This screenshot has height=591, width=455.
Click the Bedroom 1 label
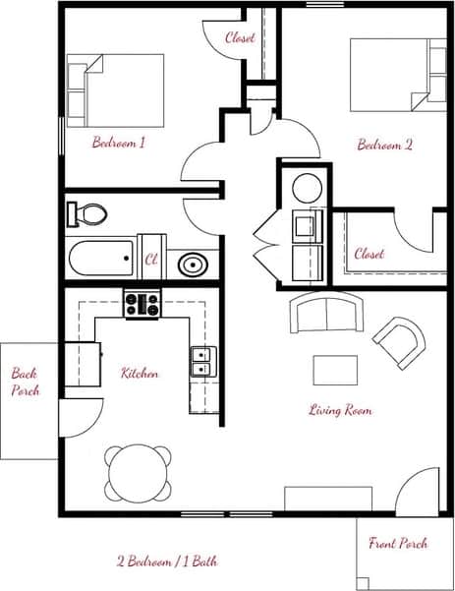pos(119,143)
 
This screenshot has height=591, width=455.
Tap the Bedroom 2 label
pos(384,144)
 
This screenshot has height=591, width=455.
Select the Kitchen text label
pos(140,374)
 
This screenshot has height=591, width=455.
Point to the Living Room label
pos(340,409)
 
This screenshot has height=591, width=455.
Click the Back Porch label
pos(25,382)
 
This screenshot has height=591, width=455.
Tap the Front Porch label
pos(398,543)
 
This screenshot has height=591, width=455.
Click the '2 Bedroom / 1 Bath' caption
pos(167,561)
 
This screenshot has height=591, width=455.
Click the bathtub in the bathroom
pos(101,260)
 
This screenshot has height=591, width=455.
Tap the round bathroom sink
pos(191,264)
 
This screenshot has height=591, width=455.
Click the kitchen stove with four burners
pos(142,304)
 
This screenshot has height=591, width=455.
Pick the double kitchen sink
pos(203,362)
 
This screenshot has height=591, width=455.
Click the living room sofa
pos(327,314)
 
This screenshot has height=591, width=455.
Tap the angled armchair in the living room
pos(399,340)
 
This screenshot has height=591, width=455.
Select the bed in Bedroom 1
pos(115,86)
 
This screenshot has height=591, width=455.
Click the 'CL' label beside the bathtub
pos(151,260)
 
